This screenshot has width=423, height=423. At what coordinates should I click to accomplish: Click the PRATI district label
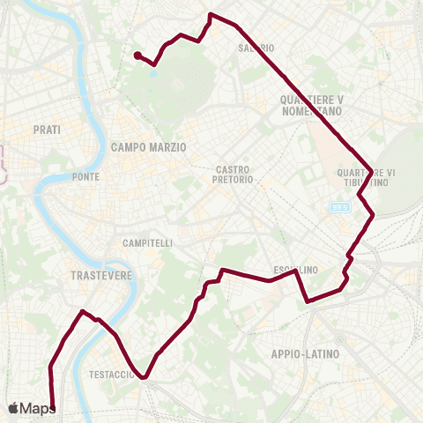pos(47,130)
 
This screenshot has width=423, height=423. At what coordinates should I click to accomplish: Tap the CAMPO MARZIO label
pos(149,148)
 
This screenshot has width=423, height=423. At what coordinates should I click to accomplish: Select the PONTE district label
pos(86,176)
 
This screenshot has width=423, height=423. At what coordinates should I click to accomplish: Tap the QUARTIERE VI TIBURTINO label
pos(364,177)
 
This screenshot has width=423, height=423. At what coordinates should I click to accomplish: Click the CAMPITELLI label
pos(148,242)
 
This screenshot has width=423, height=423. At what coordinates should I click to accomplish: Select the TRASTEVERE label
pos(100,275)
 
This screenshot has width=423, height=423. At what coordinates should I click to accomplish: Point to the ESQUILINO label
pos(296,269)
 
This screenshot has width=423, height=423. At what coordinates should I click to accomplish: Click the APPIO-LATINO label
pos(306,353)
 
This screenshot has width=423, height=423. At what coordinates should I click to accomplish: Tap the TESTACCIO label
pos(111,375)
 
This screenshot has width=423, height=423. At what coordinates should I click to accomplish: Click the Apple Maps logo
pos(33,408)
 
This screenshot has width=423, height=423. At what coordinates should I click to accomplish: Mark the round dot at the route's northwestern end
pos(137,56)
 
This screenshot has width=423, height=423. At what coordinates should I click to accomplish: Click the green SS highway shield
pos(341,207)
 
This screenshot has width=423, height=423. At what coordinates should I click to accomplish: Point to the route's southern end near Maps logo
pos(54,409)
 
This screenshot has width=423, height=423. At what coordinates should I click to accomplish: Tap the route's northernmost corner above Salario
pos(210,14)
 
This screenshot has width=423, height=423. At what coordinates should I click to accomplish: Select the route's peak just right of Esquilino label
pos(297,271)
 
